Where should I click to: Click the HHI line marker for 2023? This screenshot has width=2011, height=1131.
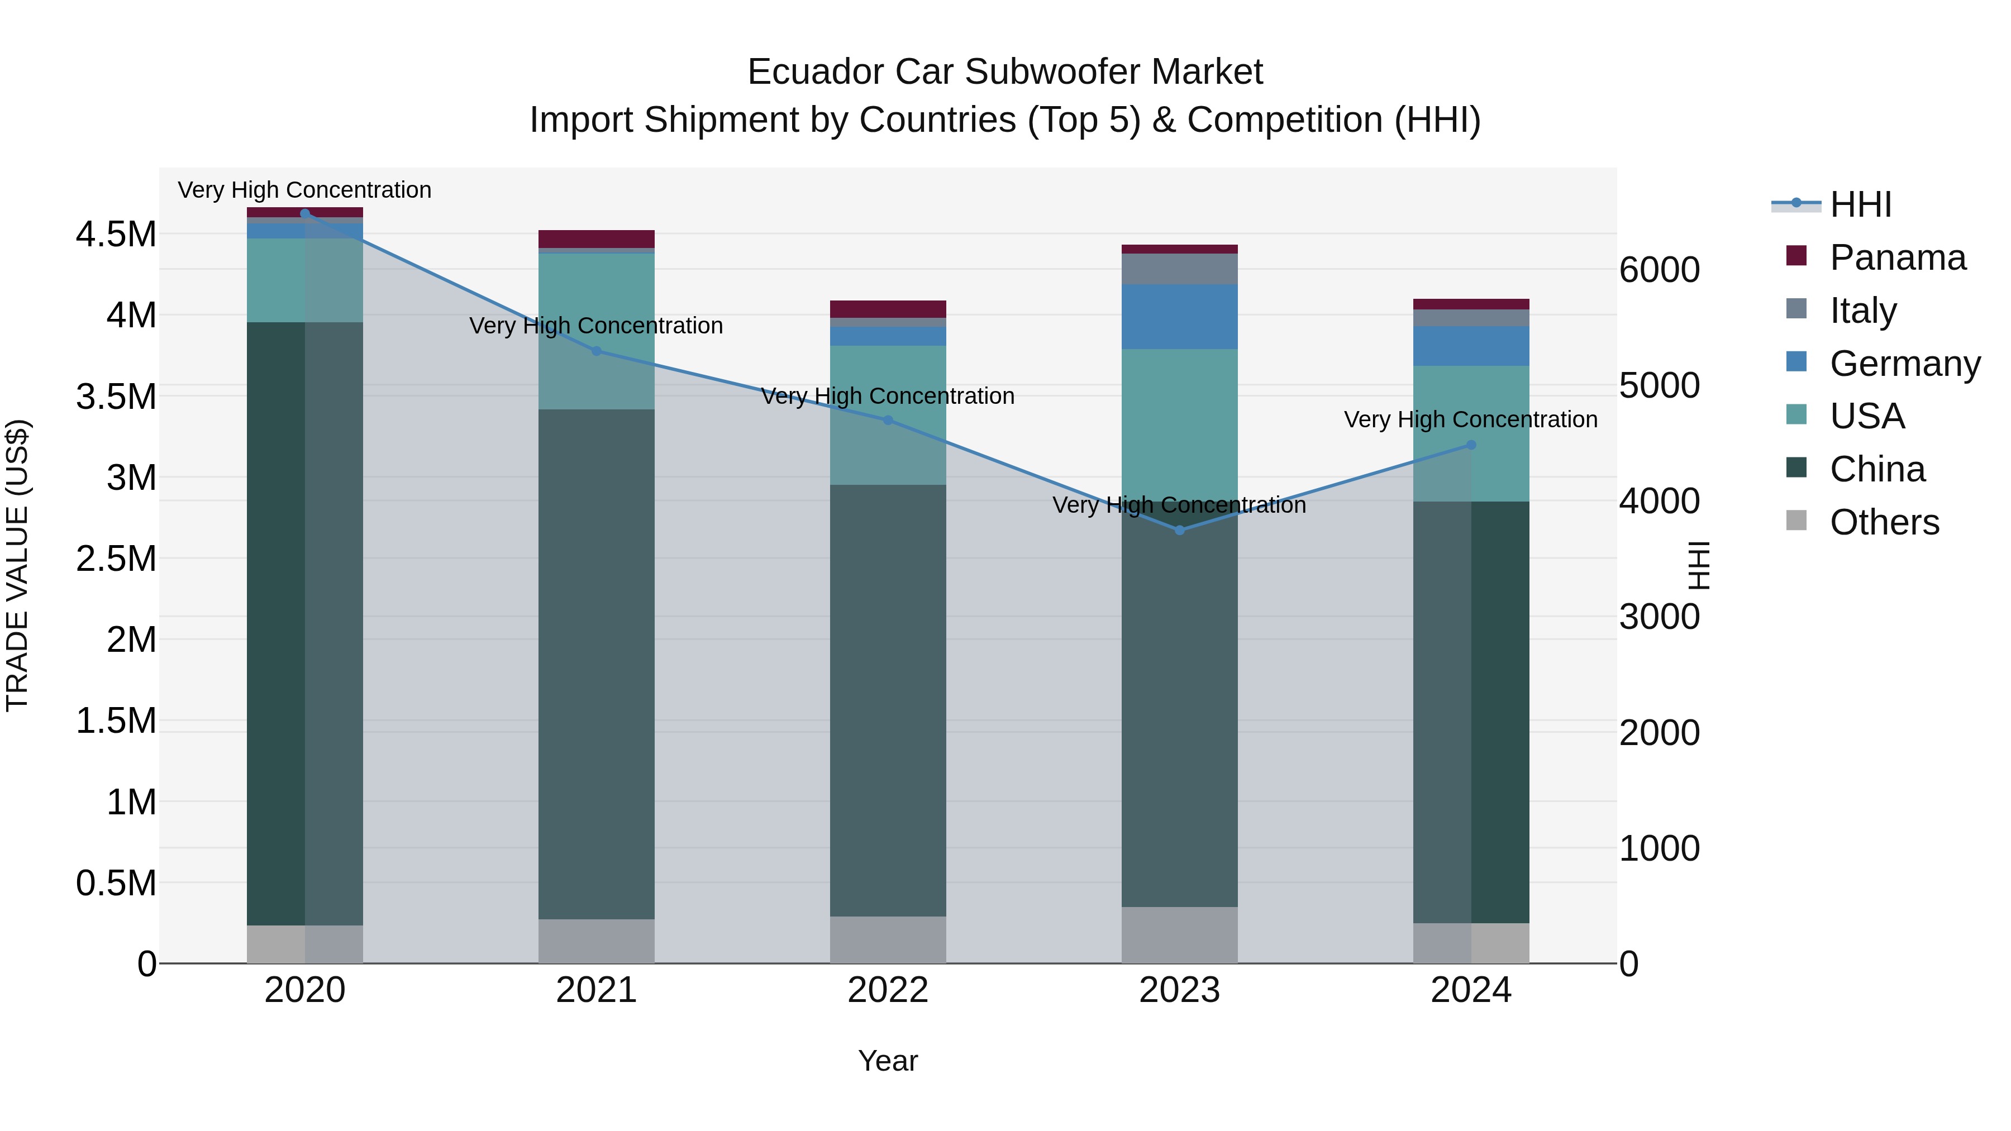(1180, 530)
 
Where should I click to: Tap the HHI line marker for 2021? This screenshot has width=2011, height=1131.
(597, 351)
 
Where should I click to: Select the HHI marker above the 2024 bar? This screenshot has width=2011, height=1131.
(1471, 445)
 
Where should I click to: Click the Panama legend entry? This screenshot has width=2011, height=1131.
(1897, 257)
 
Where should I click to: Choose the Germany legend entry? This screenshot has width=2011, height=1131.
(1904, 364)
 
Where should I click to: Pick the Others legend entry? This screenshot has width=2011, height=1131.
(1884, 522)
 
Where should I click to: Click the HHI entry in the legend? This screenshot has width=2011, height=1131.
(1860, 204)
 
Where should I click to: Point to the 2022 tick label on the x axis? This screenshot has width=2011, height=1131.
(888, 990)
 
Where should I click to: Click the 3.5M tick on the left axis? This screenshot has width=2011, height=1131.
(116, 397)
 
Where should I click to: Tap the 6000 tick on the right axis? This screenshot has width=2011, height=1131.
(1659, 270)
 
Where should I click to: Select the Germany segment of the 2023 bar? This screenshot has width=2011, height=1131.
(1180, 316)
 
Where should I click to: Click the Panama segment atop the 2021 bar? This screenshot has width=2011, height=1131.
(597, 239)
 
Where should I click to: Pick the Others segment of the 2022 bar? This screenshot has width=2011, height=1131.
(888, 940)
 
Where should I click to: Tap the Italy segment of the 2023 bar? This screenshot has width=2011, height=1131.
(1180, 269)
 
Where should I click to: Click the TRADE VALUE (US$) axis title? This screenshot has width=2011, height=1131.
(17, 565)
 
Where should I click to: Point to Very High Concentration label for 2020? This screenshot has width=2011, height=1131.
(304, 190)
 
